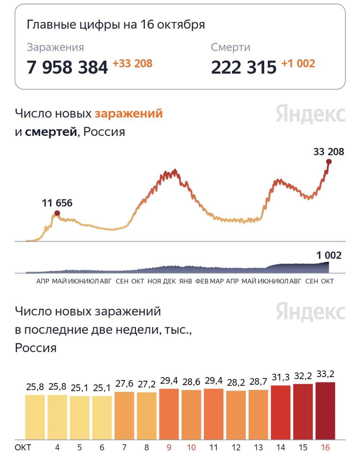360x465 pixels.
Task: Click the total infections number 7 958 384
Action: click(67, 67)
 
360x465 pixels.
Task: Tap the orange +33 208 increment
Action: click(132, 64)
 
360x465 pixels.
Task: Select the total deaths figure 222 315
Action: click(244, 67)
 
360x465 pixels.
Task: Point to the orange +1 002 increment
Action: click(298, 64)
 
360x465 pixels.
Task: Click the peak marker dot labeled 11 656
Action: click(57, 213)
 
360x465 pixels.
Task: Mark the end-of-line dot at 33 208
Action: click(329, 162)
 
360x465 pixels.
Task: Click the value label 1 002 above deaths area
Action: click(329, 255)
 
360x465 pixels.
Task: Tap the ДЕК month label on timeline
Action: click(169, 281)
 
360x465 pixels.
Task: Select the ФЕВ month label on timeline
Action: click(202, 281)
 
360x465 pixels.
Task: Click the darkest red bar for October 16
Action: click(325, 411)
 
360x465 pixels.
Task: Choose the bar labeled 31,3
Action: click(280, 412)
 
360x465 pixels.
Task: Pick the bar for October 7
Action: click(124, 415)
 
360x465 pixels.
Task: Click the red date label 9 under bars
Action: click(169, 447)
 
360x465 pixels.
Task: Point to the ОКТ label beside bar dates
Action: click(23, 447)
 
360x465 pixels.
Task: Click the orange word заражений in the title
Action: click(128, 114)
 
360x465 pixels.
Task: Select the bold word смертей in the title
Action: click(51, 132)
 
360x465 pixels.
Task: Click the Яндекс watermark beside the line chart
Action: click(310, 114)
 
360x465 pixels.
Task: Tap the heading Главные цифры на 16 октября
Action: click(116, 25)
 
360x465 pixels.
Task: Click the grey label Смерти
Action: click(230, 47)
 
